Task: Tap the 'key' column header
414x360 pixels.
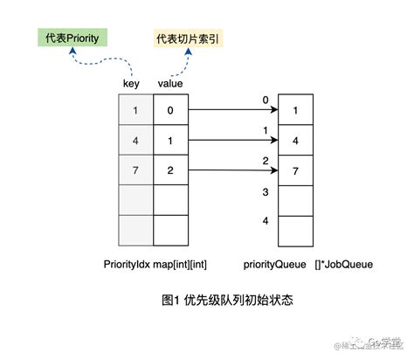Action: (x=134, y=84)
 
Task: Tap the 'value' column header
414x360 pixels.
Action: (x=169, y=84)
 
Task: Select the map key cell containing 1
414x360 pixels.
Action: (x=135, y=111)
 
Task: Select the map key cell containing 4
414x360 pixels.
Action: (x=135, y=141)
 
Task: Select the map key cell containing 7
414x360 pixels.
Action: (x=135, y=171)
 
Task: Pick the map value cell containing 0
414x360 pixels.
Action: (x=170, y=111)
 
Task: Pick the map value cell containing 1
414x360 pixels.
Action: (x=170, y=141)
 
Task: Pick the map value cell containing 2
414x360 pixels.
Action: (x=170, y=171)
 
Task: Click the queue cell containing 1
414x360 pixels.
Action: (x=295, y=111)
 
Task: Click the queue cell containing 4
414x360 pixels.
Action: (x=295, y=141)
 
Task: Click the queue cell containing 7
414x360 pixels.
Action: (x=295, y=171)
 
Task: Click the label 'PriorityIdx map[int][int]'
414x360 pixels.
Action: (x=154, y=262)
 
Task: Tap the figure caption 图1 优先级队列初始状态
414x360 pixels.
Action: (x=226, y=301)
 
